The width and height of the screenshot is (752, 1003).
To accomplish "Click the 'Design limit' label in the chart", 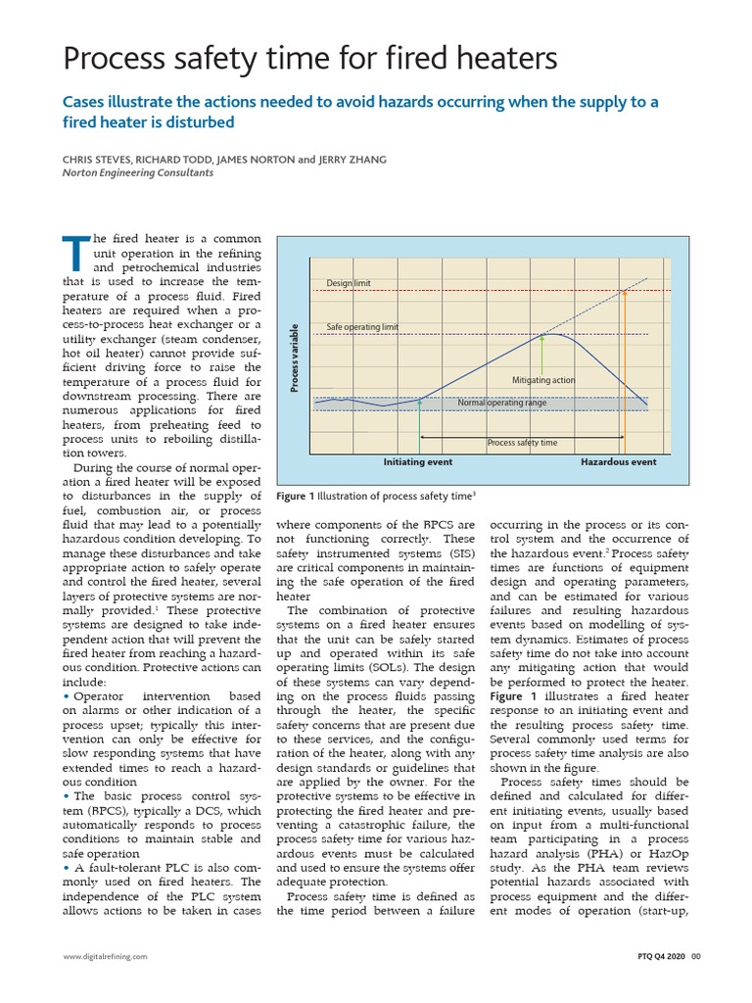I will pos(349,284).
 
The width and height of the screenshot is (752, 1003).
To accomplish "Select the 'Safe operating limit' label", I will pos(362,327).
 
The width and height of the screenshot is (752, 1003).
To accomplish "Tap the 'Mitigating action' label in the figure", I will pos(543,380).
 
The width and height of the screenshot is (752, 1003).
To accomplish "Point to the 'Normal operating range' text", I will pos(501,403).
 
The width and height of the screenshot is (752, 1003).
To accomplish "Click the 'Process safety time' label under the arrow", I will pos(522,443).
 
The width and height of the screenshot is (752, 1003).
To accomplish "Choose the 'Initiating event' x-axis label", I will pos(418,461).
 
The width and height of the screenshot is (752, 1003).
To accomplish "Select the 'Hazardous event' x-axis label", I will pos(619,461).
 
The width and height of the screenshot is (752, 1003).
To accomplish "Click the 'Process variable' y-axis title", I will pos(293,358).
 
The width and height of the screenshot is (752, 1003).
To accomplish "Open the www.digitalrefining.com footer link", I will pos(105,956).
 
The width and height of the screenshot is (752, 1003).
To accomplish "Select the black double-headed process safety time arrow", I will pos(521,434).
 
